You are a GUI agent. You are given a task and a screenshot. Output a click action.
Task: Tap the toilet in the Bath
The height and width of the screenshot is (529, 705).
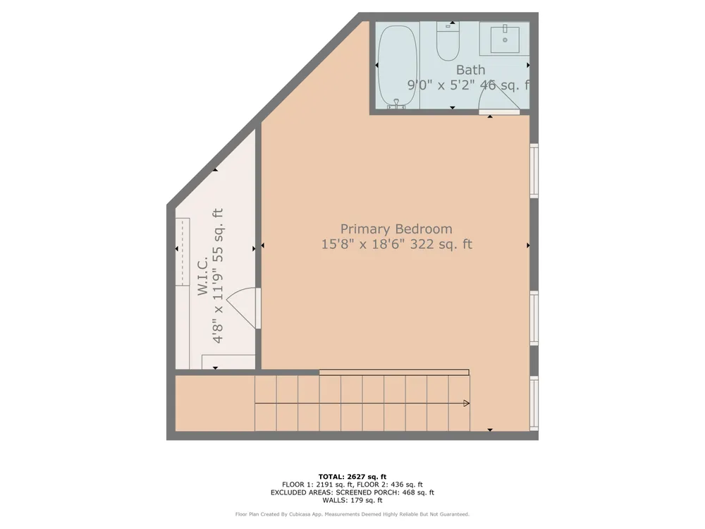[x=448, y=41]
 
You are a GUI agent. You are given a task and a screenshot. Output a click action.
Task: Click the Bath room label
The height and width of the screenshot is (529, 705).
[x=470, y=70]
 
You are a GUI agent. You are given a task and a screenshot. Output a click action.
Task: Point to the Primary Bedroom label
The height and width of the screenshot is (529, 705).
[x=396, y=229]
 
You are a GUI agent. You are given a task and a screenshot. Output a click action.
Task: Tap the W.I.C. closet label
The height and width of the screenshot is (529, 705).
[x=203, y=276]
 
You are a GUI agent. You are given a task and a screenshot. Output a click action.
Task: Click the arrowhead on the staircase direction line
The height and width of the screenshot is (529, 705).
[x=466, y=403]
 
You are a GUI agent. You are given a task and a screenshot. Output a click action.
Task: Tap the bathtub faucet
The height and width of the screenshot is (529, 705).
[x=396, y=104]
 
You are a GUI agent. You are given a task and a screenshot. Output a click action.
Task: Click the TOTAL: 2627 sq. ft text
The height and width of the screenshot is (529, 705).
[x=352, y=477]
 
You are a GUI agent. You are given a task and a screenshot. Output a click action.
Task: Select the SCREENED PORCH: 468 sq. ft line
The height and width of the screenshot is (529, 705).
[x=385, y=492]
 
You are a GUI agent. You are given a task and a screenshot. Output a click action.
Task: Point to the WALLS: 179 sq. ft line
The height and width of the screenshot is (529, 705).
[x=352, y=500]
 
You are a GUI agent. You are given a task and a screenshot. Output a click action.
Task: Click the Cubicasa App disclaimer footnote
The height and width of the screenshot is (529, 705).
[x=352, y=514]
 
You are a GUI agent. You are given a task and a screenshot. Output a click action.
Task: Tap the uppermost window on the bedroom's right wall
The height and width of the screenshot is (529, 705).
[x=534, y=171]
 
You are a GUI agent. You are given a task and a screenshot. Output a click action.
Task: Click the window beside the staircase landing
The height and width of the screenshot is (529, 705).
[x=534, y=403]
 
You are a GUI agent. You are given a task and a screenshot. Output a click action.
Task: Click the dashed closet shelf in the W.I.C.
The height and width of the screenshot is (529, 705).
[x=182, y=252]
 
